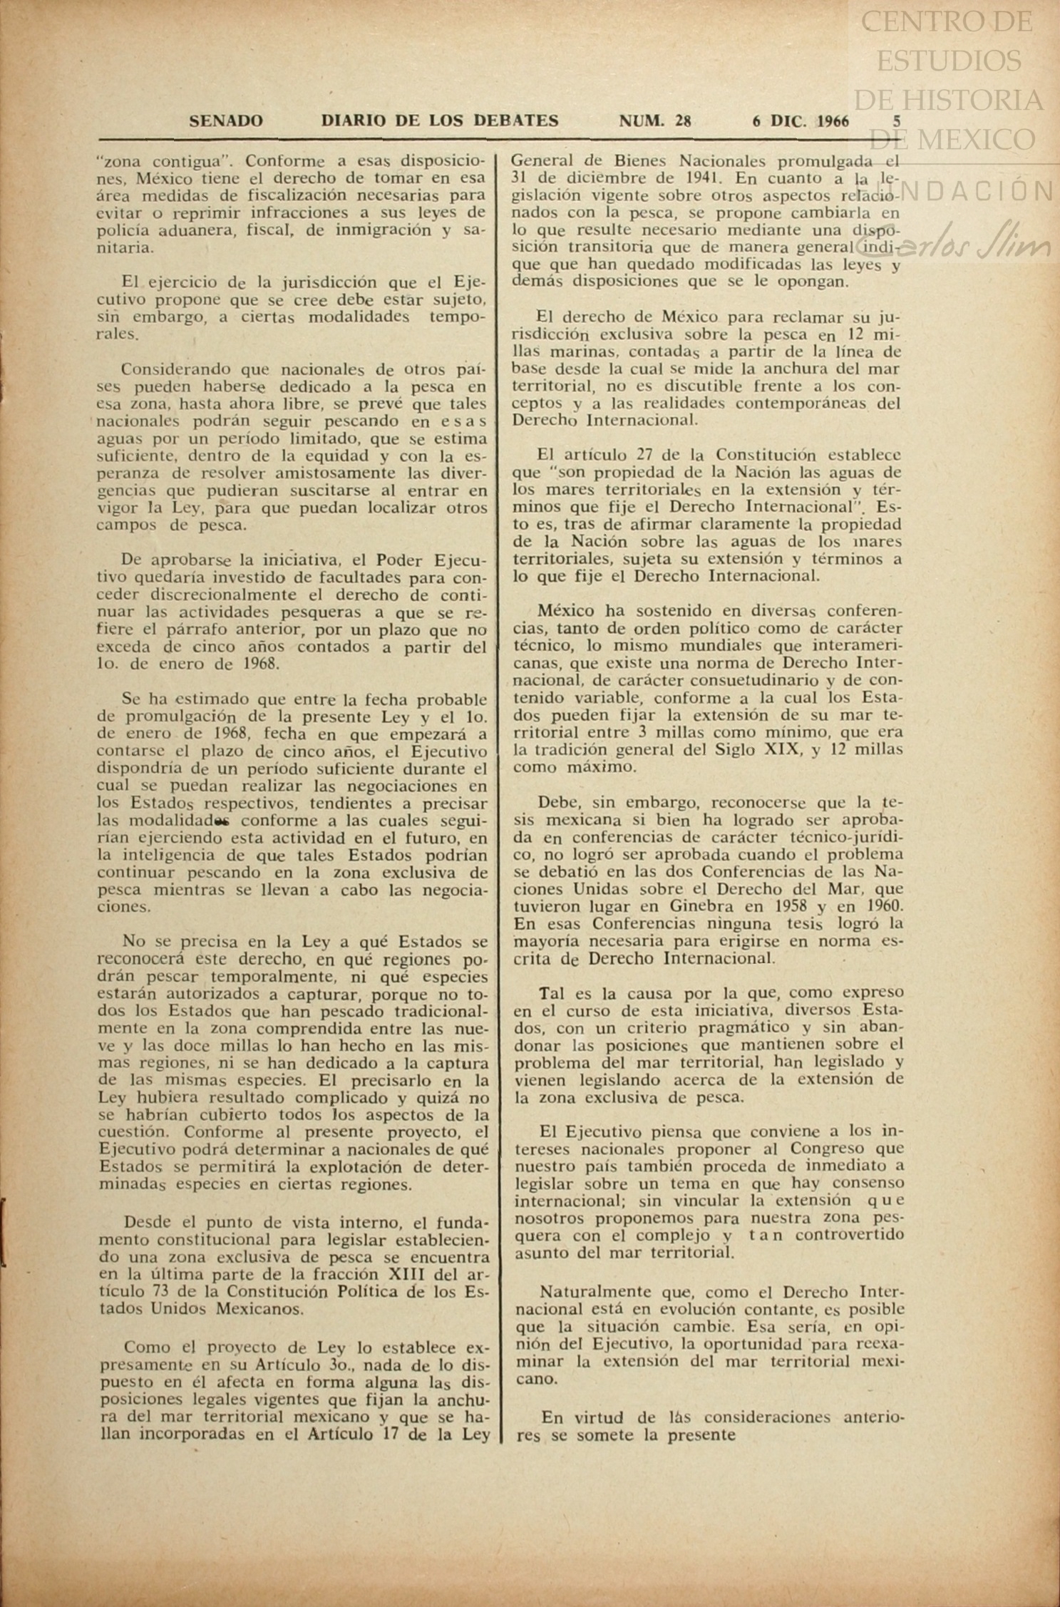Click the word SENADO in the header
pyautogui.click(x=226, y=121)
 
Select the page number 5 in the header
pyautogui.click(x=897, y=121)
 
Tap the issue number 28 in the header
pyautogui.click(x=683, y=121)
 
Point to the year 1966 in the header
pyautogui.click(x=833, y=121)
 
